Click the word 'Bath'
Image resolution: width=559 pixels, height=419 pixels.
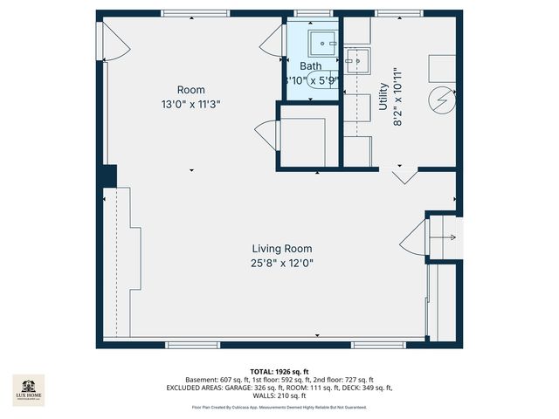tap(310, 66)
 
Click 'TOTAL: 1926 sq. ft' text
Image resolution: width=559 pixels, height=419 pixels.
tap(279, 371)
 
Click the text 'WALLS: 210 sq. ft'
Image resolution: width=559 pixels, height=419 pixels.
tap(279, 395)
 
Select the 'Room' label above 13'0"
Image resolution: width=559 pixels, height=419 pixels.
tap(191, 89)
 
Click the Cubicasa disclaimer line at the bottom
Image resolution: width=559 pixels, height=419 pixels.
tap(279, 408)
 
